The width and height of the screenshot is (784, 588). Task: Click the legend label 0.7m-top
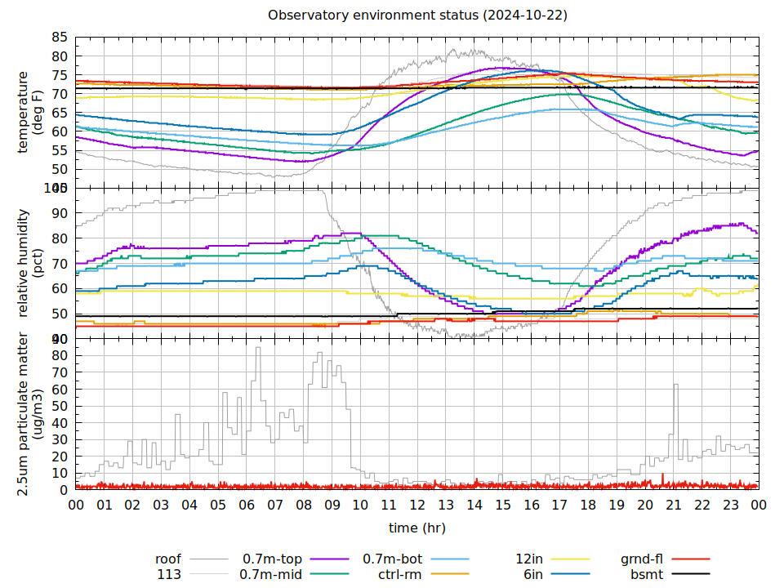272,559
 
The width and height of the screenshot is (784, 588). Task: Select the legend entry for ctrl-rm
399,574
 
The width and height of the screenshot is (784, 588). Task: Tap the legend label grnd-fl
641,559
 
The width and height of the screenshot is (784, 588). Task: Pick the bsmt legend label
646,574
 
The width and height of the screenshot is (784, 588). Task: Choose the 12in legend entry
530,559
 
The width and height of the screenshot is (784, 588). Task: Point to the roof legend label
167,559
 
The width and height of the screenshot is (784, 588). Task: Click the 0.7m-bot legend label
392,559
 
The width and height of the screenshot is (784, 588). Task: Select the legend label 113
169,574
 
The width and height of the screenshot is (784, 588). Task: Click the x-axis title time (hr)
417,528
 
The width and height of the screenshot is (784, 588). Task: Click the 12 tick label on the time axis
417,506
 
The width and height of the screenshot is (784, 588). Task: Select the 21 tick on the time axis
673,506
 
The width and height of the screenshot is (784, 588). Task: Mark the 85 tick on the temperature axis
60,38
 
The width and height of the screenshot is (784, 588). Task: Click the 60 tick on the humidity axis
60,288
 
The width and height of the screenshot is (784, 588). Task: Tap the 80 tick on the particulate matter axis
60,356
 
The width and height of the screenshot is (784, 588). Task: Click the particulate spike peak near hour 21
675,385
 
